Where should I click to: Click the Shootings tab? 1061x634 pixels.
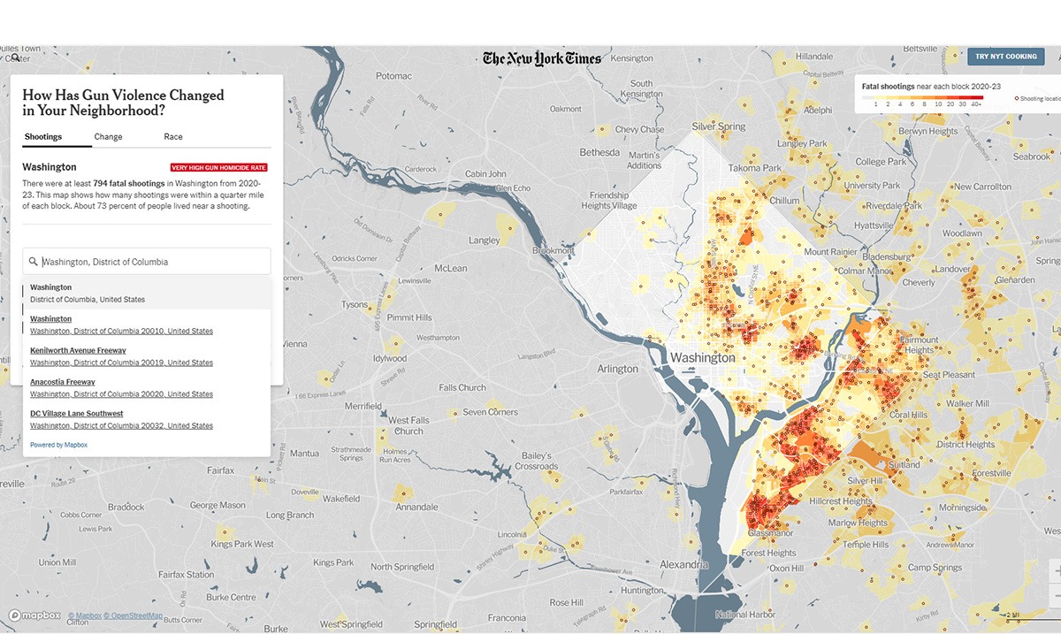(x=43, y=137)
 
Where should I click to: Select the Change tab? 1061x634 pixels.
(x=108, y=137)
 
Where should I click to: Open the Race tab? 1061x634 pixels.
(x=173, y=137)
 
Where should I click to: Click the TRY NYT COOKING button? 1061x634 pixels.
(x=1005, y=57)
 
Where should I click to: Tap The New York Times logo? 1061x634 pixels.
(x=542, y=58)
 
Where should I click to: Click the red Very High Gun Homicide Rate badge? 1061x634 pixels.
(x=218, y=167)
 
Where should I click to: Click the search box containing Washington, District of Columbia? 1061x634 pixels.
(x=147, y=262)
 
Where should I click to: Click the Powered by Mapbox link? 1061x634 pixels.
(x=58, y=445)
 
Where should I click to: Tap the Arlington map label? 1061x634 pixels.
(x=617, y=369)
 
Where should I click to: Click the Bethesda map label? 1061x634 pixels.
(x=599, y=152)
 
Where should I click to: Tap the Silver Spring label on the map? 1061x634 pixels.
(x=719, y=126)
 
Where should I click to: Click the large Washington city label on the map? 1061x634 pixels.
(x=703, y=358)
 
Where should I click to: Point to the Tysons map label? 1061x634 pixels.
(x=355, y=304)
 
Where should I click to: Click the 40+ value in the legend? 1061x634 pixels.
(x=976, y=103)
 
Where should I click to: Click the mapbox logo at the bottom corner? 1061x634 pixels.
(x=34, y=615)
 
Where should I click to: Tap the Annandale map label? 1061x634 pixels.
(x=417, y=508)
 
